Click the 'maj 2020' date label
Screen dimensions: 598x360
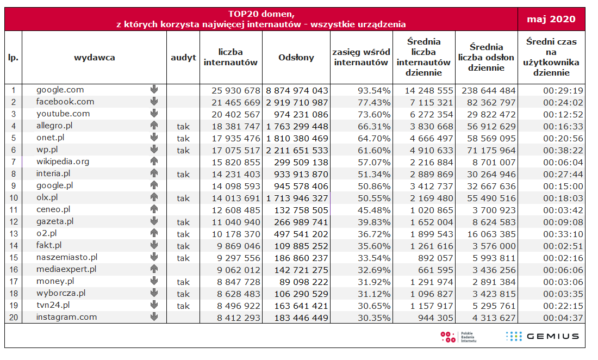pos(551,19)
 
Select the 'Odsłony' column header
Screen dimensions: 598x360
pos(296,57)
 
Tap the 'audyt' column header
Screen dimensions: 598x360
pos(183,58)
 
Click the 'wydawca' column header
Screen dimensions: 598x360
pos(94,58)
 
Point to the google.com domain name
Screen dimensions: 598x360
pos(60,90)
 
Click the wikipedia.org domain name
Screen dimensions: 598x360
pos(63,162)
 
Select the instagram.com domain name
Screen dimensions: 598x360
pos(66,317)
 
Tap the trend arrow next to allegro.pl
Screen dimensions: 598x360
pos(154,125)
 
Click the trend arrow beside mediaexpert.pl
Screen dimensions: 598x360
pos(154,269)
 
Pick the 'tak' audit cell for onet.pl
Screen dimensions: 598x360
pos(183,139)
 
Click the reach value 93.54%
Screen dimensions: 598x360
pos(374,91)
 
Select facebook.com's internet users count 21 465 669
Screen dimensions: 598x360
pos(236,103)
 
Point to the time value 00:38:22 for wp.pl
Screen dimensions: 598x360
pos(563,151)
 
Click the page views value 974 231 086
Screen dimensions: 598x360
pos(301,114)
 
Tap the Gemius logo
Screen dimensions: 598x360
pos(543,336)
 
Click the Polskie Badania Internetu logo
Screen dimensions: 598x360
pos(458,337)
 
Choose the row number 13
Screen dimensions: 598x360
pos(14,234)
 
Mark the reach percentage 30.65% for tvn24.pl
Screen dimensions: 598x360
pos(374,306)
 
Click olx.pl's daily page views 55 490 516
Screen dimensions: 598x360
pos(491,198)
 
